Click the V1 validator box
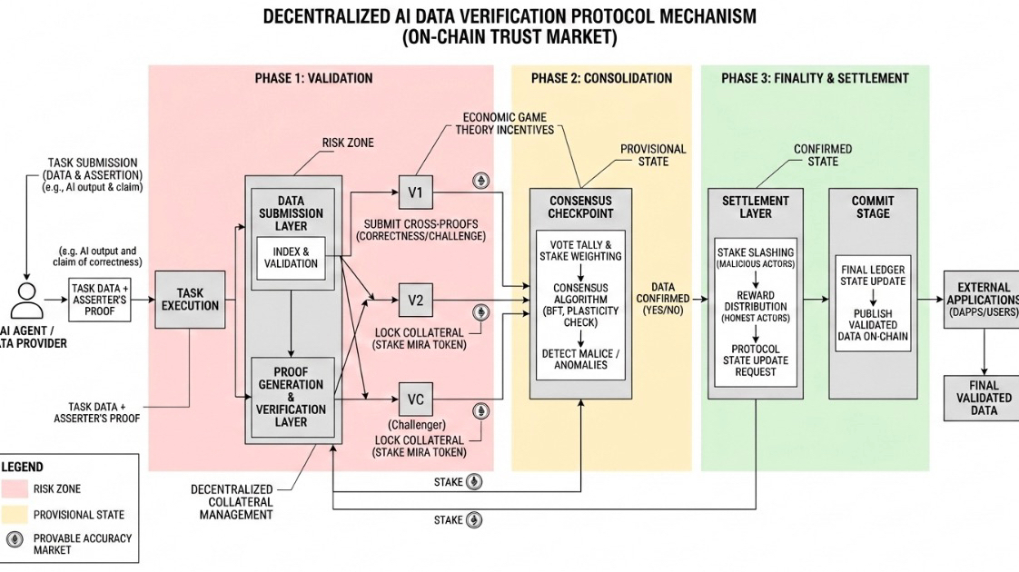(x=415, y=192)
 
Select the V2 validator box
(x=415, y=301)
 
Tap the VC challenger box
(x=415, y=399)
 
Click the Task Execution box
(x=190, y=300)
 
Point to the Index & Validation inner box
(x=291, y=258)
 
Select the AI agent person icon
(x=26, y=301)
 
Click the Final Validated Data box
(x=984, y=398)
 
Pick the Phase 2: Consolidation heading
(x=602, y=79)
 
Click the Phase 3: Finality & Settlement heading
(x=815, y=79)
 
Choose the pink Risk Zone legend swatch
(x=15, y=488)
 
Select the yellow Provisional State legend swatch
(x=15, y=514)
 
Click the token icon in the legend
(x=15, y=538)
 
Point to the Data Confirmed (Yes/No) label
(x=663, y=299)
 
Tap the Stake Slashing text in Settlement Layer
(x=755, y=252)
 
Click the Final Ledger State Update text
(x=873, y=275)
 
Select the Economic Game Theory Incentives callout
(x=504, y=123)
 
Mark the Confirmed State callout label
(x=823, y=155)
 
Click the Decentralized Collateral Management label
(x=232, y=502)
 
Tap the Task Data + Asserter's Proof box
(x=99, y=300)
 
